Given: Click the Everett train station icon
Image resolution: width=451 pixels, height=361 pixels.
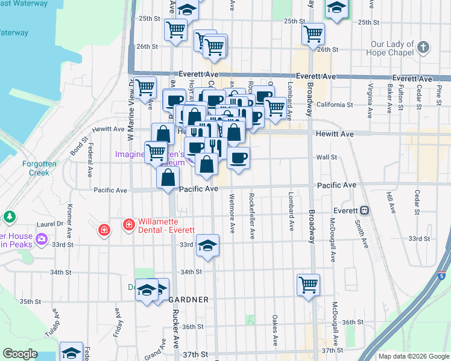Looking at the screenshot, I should [x=364, y=211].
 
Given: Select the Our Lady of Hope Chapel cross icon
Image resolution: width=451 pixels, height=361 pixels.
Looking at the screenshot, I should [x=424, y=47].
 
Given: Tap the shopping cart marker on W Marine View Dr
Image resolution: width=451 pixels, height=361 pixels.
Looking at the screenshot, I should [x=145, y=88].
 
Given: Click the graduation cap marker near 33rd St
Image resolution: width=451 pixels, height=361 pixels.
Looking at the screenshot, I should [x=207, y=245].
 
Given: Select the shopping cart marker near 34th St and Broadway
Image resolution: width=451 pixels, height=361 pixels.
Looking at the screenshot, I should [x=308, y=284].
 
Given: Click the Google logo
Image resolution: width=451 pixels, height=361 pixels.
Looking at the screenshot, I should [x=20, y=354].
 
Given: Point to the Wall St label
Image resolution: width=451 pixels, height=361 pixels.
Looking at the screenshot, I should [x=326, y=157].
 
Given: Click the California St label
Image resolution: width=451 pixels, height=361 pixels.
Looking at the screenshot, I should [x=330, y=104].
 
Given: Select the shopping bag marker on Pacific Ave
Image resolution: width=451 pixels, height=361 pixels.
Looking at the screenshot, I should [x=168, y=177].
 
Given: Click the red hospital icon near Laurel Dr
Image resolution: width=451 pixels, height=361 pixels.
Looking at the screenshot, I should [x=104, y=230].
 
